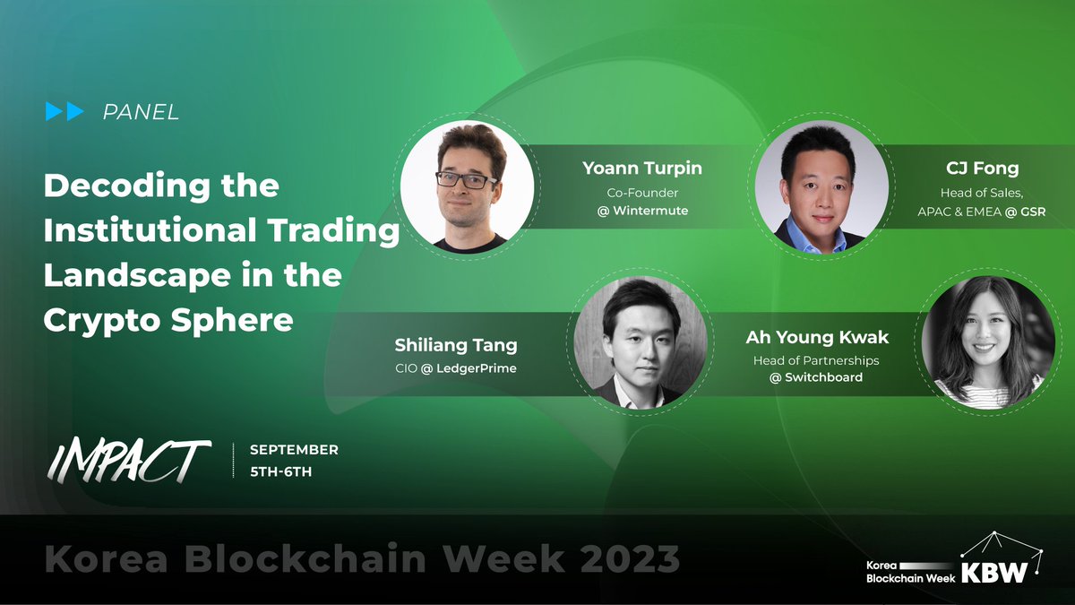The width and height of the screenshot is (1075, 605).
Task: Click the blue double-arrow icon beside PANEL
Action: pos(64,112)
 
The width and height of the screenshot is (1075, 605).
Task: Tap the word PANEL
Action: pos(141,113)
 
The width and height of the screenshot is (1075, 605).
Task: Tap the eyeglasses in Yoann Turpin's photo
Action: pos(466,178)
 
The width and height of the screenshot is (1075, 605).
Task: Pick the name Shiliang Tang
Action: pos(456,345)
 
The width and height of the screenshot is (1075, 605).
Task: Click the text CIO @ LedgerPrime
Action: pos(456,368)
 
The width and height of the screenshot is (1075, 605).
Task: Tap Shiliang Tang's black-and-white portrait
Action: pos(640,343)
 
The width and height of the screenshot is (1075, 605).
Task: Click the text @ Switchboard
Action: pos(815,377)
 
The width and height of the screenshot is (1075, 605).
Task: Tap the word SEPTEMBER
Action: pos(294,450)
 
